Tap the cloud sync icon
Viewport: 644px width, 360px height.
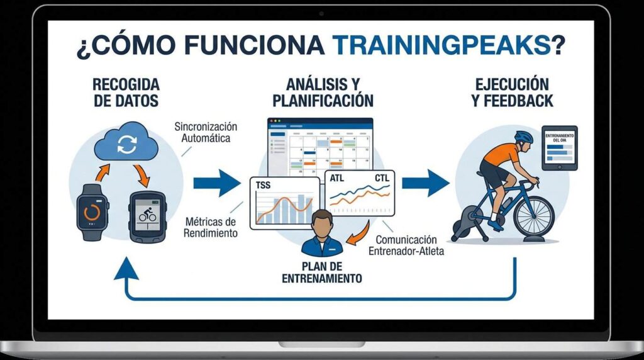click(126, 142)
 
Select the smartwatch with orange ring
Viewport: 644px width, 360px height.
click(92, 213)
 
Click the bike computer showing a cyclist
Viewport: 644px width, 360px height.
click(147, 217)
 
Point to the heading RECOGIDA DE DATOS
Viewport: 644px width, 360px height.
click(126, 93)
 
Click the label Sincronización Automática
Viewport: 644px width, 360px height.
click(206, 132)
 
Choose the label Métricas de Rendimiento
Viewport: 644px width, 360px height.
click(210, 228)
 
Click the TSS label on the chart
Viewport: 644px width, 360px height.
click(263, 185)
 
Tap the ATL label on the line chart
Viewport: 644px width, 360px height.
click(337, 178)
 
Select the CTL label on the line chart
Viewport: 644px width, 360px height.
click(382, 178)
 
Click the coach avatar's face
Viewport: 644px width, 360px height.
click(322, 225)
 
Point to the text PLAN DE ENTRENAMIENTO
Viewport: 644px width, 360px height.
click(322, 273)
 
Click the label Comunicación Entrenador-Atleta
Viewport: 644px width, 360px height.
click(406, 245)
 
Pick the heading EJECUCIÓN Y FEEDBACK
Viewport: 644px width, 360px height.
click(512, 93)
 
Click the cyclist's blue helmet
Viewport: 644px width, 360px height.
click(524, 137)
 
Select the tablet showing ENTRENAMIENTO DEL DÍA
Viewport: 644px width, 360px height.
click(559, 149)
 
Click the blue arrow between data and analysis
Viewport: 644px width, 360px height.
click(217, 183)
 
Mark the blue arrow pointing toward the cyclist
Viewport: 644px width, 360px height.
click(426, 183)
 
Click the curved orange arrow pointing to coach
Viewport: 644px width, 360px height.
click(359, 235)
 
